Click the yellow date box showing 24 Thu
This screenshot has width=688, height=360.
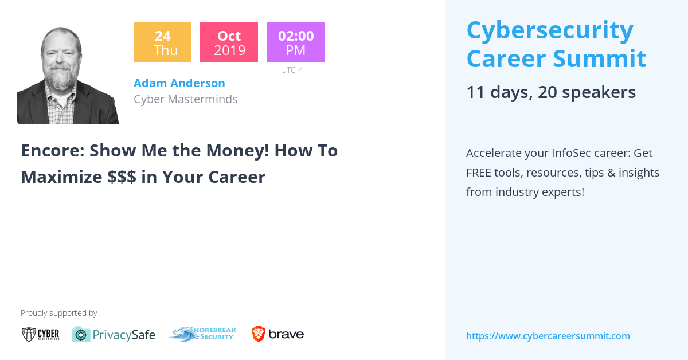162,42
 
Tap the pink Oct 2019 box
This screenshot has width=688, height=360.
229,42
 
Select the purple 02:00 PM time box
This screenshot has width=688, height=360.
295,42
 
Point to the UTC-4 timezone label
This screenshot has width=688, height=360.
292,70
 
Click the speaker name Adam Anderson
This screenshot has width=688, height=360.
179,83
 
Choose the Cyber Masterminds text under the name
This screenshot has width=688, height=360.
186,99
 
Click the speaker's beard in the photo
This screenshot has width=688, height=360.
61,79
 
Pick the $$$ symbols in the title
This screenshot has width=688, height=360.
122,177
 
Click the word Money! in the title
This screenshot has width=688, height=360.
237,151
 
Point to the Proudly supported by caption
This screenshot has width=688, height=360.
59,313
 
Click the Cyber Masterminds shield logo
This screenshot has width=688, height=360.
29,334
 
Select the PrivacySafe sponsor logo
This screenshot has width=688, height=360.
114,335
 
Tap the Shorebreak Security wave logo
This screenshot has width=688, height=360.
202,334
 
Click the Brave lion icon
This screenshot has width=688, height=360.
259,334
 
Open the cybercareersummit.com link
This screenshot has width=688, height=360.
548,336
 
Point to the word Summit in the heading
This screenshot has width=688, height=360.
600,58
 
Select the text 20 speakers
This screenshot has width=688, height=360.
587,92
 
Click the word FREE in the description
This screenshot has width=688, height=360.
479,173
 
